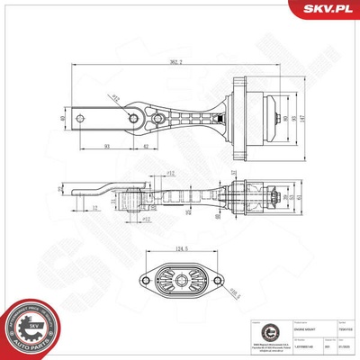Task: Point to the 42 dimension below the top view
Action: click(147, 147)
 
